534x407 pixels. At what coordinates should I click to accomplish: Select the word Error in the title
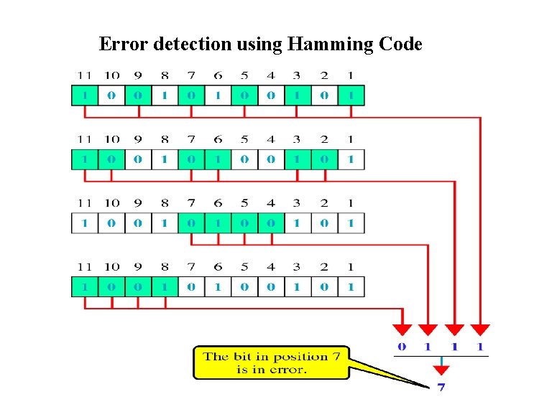122,45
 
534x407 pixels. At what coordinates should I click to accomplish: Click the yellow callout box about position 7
271,362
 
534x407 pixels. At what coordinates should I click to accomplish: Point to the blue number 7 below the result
441,388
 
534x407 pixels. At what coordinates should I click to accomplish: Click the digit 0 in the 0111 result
402,347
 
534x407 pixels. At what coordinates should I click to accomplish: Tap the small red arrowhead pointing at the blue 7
441,370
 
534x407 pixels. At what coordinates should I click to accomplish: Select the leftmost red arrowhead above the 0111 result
402,329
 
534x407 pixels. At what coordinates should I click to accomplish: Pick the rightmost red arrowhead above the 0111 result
480,329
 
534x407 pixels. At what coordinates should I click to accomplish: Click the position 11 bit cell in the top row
85,95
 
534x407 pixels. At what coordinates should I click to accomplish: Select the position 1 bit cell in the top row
351,95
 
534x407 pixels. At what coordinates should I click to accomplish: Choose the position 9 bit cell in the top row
138,95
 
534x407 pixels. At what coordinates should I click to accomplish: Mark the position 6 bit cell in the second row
218,159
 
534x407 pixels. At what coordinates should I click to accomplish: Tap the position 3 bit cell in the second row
298,159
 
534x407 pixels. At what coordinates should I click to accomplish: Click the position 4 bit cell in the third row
271,223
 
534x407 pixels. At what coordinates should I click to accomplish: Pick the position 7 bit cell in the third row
191,223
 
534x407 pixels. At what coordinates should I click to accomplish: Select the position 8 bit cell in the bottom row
165,287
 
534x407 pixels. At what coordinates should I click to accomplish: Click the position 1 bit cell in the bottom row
351,287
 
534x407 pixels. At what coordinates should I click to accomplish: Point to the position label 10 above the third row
111,204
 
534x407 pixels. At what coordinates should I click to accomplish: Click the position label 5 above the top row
244,75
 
